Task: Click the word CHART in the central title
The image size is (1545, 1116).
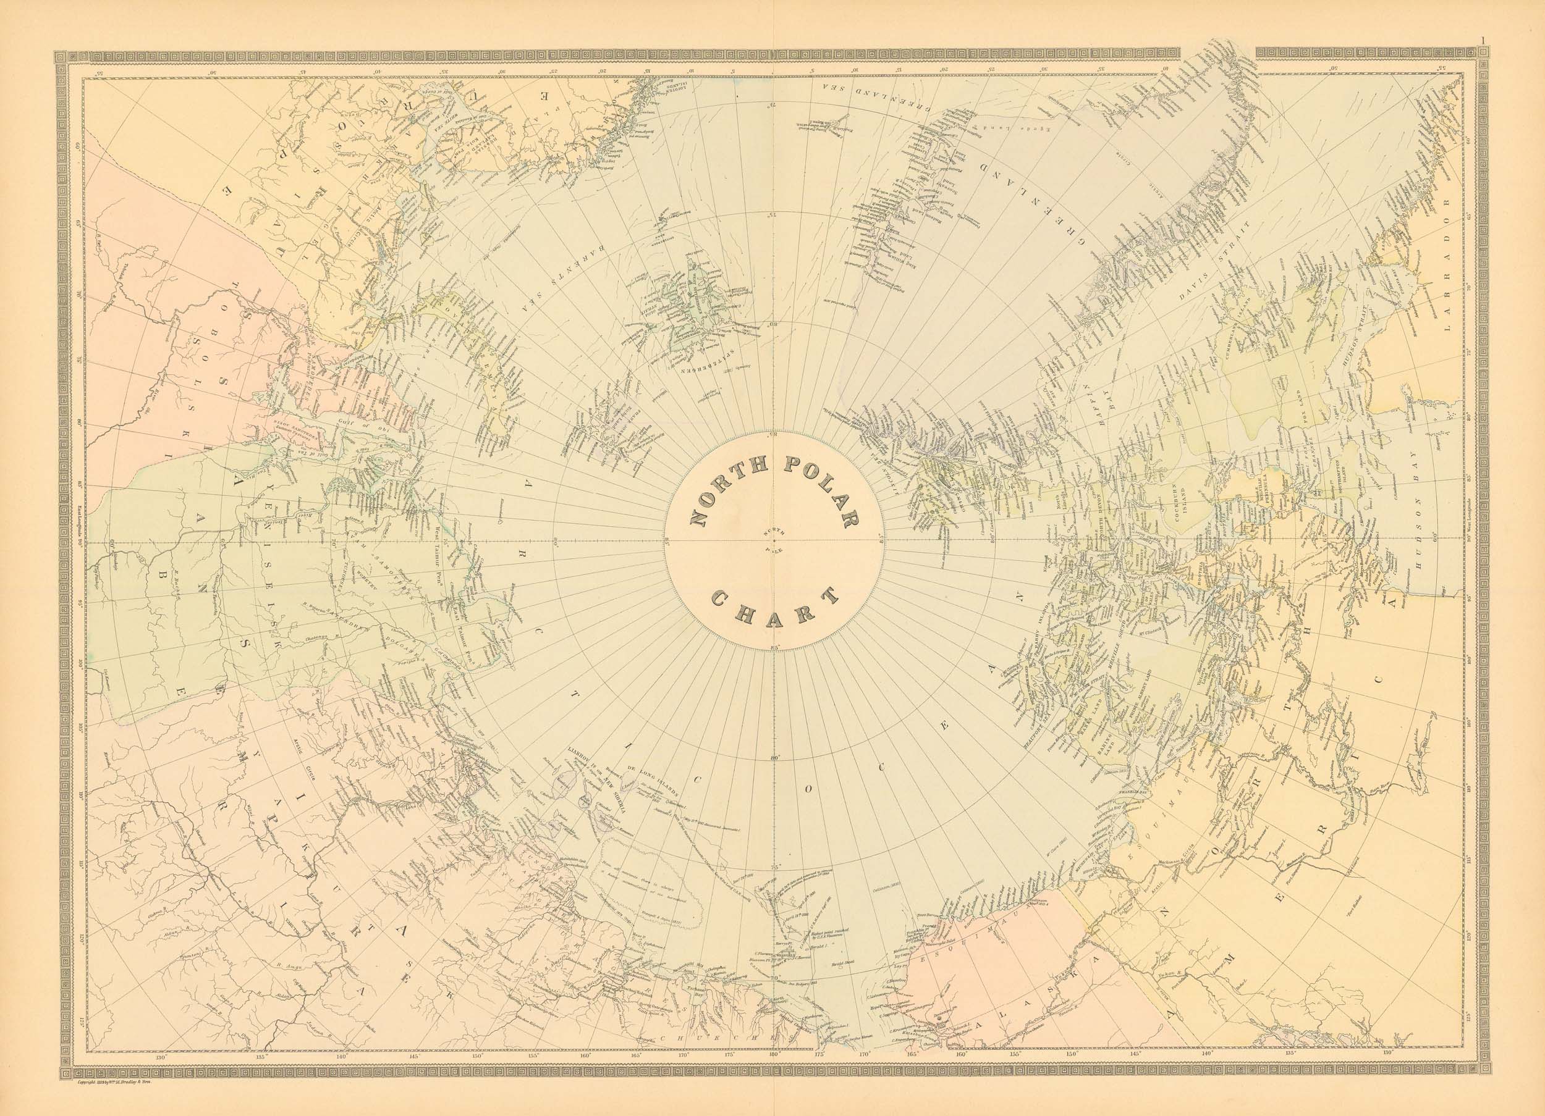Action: pos(773,606)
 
